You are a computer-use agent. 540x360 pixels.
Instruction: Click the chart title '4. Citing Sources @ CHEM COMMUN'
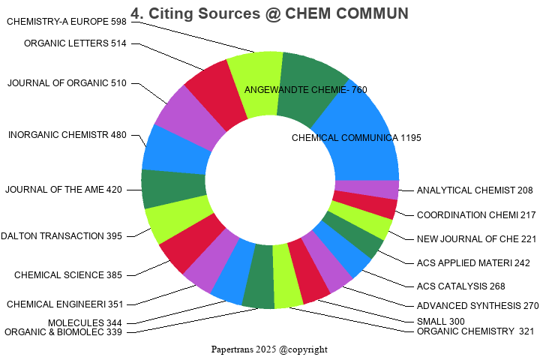tap(269, 13)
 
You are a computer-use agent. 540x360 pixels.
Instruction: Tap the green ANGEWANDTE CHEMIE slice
tap(311, 82)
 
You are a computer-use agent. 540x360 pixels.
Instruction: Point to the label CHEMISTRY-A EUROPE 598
tap(67, 22)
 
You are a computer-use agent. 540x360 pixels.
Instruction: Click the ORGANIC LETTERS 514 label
tap(75, 43)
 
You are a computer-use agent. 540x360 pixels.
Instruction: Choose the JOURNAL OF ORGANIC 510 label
tap(67, 82)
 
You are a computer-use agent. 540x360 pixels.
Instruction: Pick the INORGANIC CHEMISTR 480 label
tap(67, 135)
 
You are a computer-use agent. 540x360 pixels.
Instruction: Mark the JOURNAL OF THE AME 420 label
tap(63, 189)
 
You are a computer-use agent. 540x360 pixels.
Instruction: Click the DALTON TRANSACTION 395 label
tap(61, 236)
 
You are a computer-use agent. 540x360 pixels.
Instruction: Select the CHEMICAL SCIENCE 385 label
tap(67, 275)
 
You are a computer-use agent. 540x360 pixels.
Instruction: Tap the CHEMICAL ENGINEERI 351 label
tap(65, 304)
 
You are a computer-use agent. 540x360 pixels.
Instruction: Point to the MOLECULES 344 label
tap(85, 322)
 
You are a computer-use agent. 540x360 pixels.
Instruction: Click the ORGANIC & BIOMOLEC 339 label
tap(63, 332)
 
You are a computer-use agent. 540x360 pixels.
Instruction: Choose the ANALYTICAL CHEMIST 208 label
tap(475, 190)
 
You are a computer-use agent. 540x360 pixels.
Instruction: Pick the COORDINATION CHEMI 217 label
tap(476, 215)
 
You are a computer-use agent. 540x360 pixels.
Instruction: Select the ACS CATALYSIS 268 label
tap(460, 286)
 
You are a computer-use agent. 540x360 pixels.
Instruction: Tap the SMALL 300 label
tap(441, 322)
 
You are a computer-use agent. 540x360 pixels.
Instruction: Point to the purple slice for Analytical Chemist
tap(366, 190)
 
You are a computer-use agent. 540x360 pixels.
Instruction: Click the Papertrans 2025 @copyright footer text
tap(269, 349)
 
